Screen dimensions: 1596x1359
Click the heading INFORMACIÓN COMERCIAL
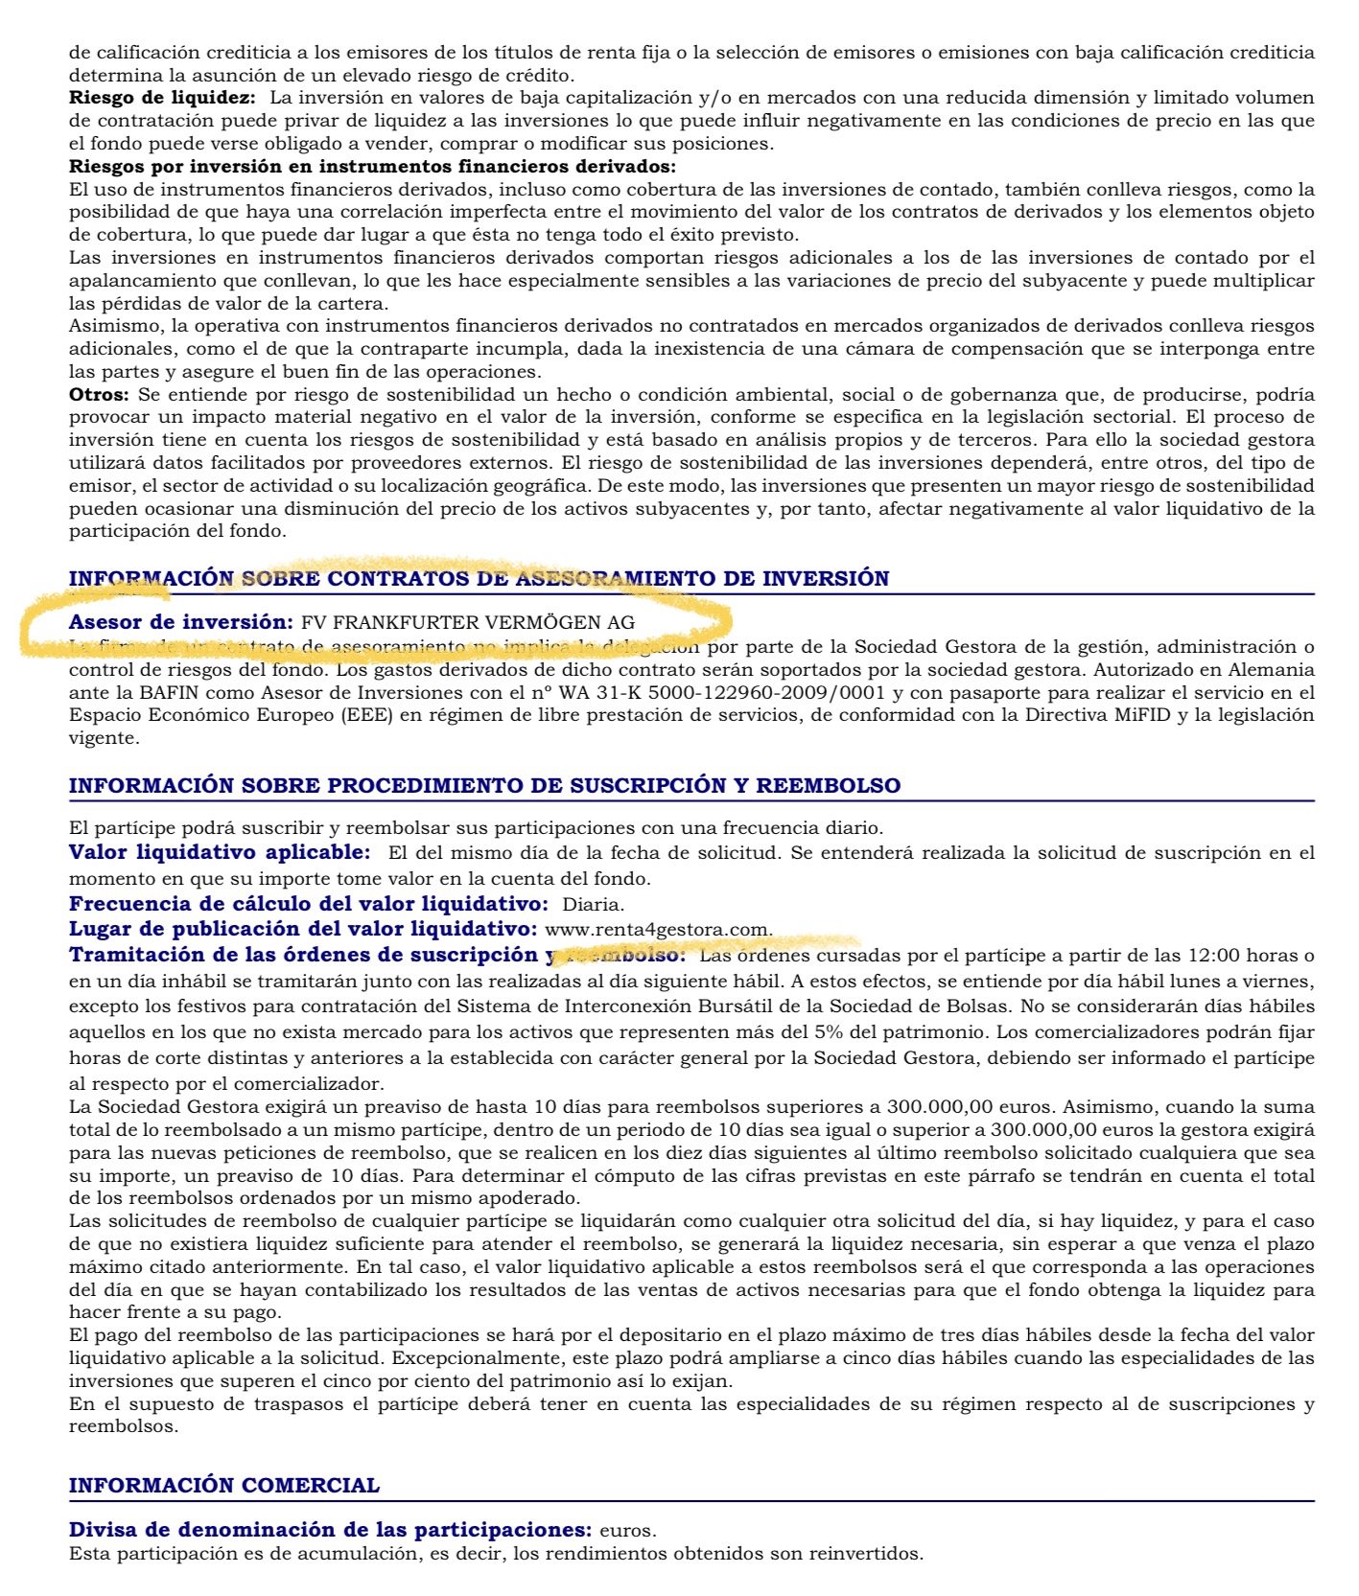click(223, 1485)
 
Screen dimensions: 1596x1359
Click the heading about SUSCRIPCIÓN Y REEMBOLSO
click(484, 785)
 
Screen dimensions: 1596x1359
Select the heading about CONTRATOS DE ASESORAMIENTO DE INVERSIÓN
click(479, 578)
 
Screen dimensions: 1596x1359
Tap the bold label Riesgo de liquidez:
click(162, 98)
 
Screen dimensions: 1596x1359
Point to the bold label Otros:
click(98, 395)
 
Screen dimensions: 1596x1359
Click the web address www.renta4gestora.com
click(657, 929)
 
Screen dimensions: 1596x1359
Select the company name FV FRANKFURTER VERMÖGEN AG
click(467, 622)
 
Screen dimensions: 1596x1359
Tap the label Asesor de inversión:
click(180, 622)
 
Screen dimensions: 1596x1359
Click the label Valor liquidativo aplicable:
click(219, 852)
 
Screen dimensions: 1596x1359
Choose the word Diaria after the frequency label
click(593, 904)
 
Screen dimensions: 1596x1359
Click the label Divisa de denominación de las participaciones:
click(330, 1529)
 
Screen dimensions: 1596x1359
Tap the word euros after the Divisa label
click(627, 1530)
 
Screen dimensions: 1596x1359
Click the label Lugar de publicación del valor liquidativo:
click(302, 929)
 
